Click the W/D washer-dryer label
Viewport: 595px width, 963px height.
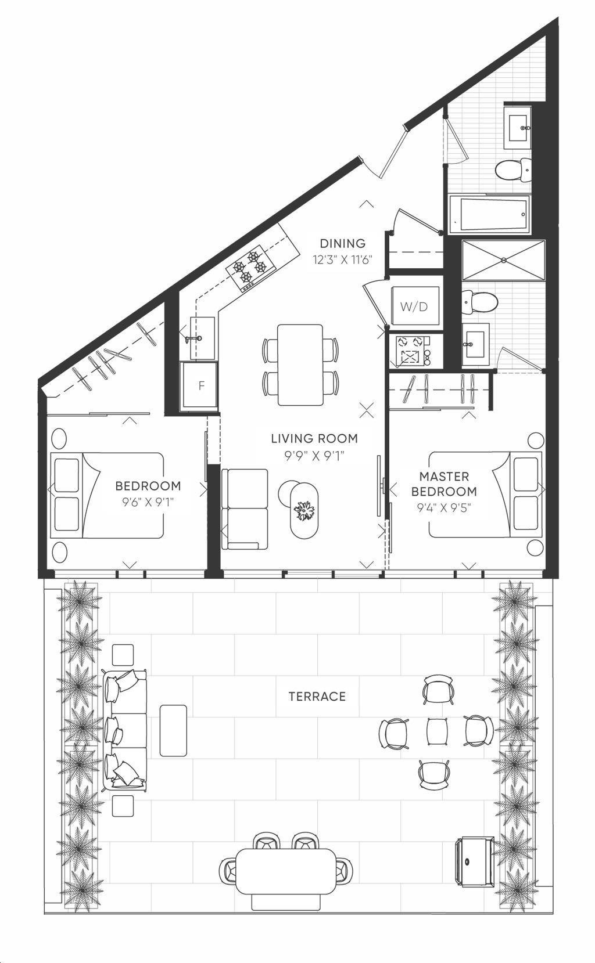coord(415,306)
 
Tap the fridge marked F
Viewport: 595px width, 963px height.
coord(200,385)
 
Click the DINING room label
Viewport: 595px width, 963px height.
coord(342,243)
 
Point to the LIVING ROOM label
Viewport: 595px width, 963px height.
coord(314,438)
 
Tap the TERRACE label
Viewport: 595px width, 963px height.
coord(317,697)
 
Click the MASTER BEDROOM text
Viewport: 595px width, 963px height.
coord(444,484)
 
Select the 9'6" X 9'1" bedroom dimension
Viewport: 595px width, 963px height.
coord(147,502)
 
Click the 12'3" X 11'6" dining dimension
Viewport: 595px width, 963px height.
coord(342,260)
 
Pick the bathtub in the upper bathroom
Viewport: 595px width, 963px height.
coord(489,213)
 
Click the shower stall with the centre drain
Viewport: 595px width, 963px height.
coord(503,260)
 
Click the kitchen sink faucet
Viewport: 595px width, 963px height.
coord(193,339)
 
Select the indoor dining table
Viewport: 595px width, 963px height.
coord(300,365)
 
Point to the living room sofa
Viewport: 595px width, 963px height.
coord(244,508)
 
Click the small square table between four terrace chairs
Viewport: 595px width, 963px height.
coord(437,731)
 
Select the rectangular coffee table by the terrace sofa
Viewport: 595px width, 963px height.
coord(173,730)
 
